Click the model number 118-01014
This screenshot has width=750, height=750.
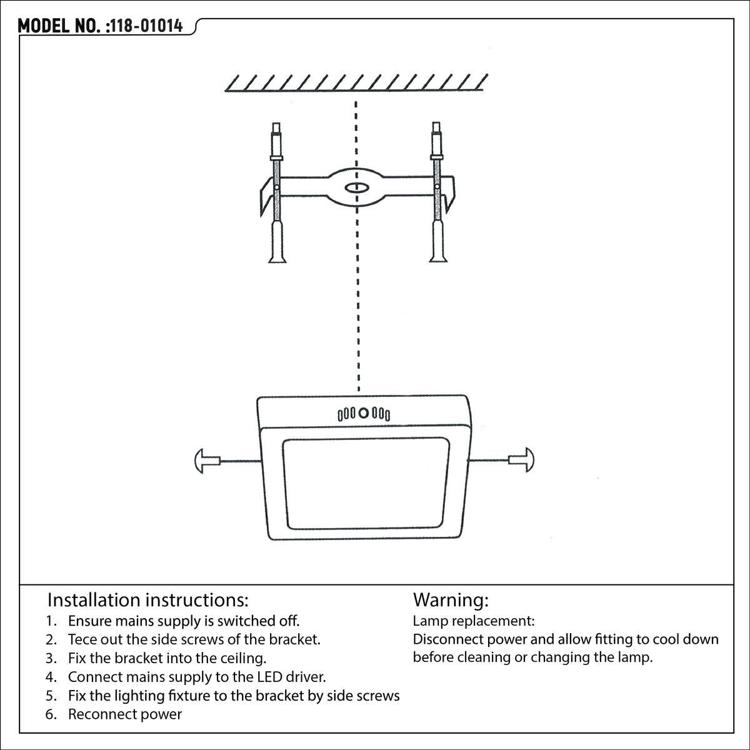[x=147, y=26]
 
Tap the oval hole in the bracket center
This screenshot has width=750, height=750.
[x=356, y=188]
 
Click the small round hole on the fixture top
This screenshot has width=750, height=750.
[x=364, y=413]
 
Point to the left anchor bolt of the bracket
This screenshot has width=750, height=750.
[x=277, y=192]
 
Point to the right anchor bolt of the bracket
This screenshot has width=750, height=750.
[x=437, y=192]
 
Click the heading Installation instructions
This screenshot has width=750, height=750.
[x=148, y=600]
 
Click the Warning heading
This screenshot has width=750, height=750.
[x=451, y=600]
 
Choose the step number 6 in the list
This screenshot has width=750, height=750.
[x=51, y=714]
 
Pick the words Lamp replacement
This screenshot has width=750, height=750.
[x=474, y=621]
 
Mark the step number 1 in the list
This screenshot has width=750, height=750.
[x=51, y=621]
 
